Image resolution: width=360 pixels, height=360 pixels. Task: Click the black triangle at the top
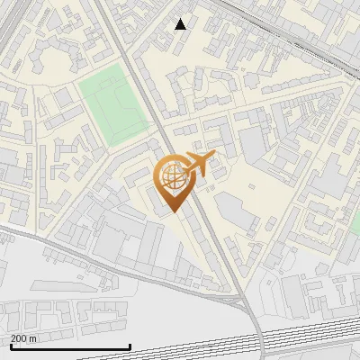(181, 24)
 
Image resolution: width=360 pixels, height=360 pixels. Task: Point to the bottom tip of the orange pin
(172, 213)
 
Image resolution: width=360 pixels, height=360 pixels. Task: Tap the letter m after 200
(33, 338)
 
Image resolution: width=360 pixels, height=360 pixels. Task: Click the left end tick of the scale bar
(10, 346)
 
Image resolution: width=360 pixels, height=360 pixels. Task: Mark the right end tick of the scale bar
(130, 346)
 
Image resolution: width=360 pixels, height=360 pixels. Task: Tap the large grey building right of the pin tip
(236, 211)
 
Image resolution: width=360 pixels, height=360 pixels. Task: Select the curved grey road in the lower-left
(54, 244)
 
